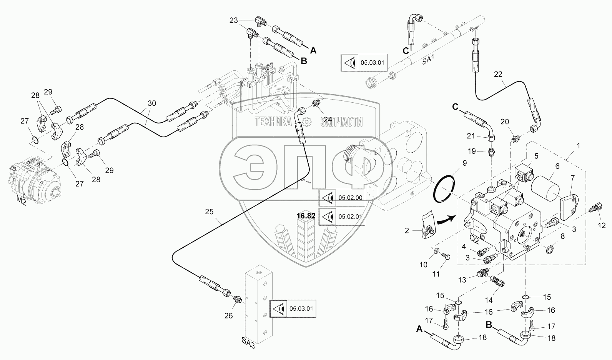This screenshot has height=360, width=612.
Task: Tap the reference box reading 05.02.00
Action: (x=342, y=198)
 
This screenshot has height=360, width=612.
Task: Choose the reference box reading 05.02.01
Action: (x=342, y=217)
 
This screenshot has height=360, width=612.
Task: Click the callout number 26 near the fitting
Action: (x=229, y=316)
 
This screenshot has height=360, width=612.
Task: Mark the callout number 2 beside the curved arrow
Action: (x=407, y=231)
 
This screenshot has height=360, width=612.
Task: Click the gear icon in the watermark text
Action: (x=306, y=122)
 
